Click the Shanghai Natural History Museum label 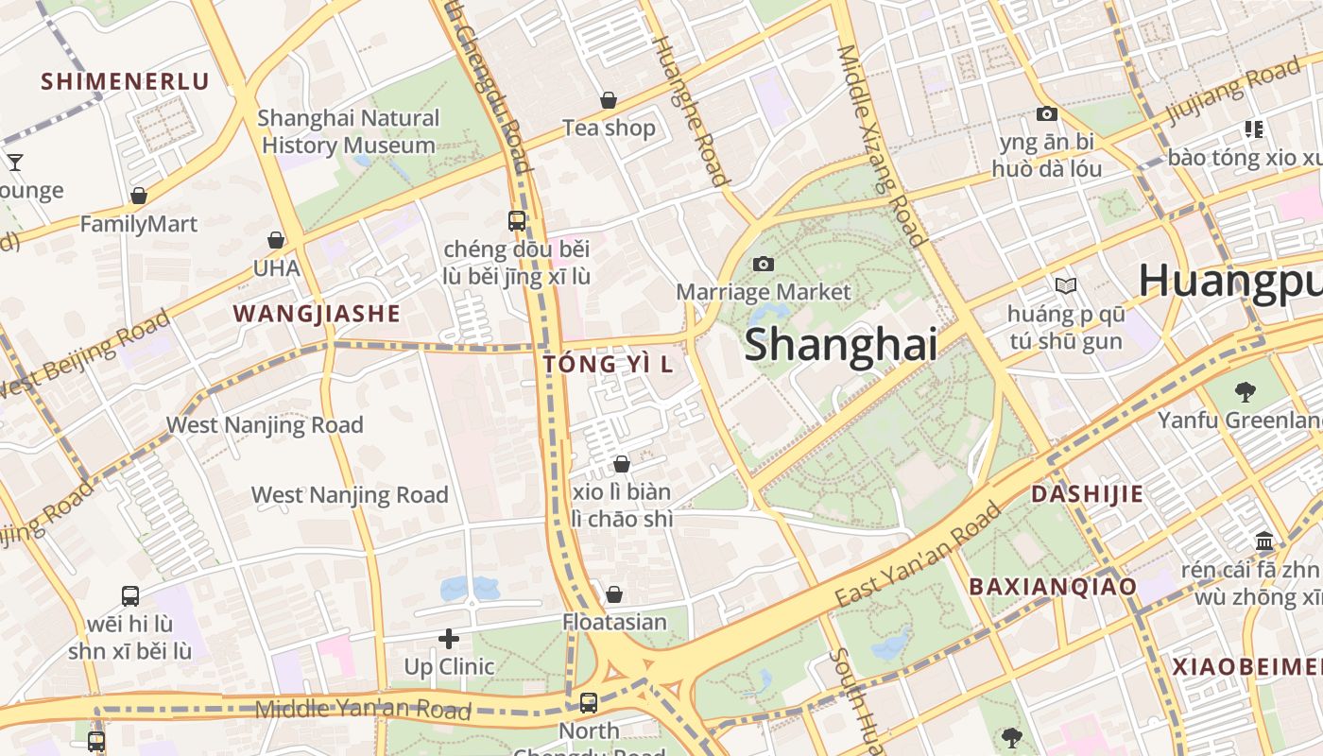coord(349,131)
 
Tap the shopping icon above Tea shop coord(609,100)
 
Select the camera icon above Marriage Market coord(764,265)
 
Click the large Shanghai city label coord(841,344)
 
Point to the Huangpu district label coord(1228,281)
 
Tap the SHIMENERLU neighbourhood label coord(125,81)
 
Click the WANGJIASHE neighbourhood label coord(317,314)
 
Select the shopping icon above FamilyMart coord(139,197)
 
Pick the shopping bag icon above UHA coord(276,241)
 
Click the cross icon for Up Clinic coord(449,639)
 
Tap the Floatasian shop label coord(614,622)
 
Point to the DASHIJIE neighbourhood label coord(1087,493)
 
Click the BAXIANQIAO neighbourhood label coord(1053,586)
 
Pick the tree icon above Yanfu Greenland coord(1245,391)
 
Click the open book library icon coord(1065,285)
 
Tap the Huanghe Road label coord(691,109)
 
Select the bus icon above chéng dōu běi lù coord(517,221)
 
